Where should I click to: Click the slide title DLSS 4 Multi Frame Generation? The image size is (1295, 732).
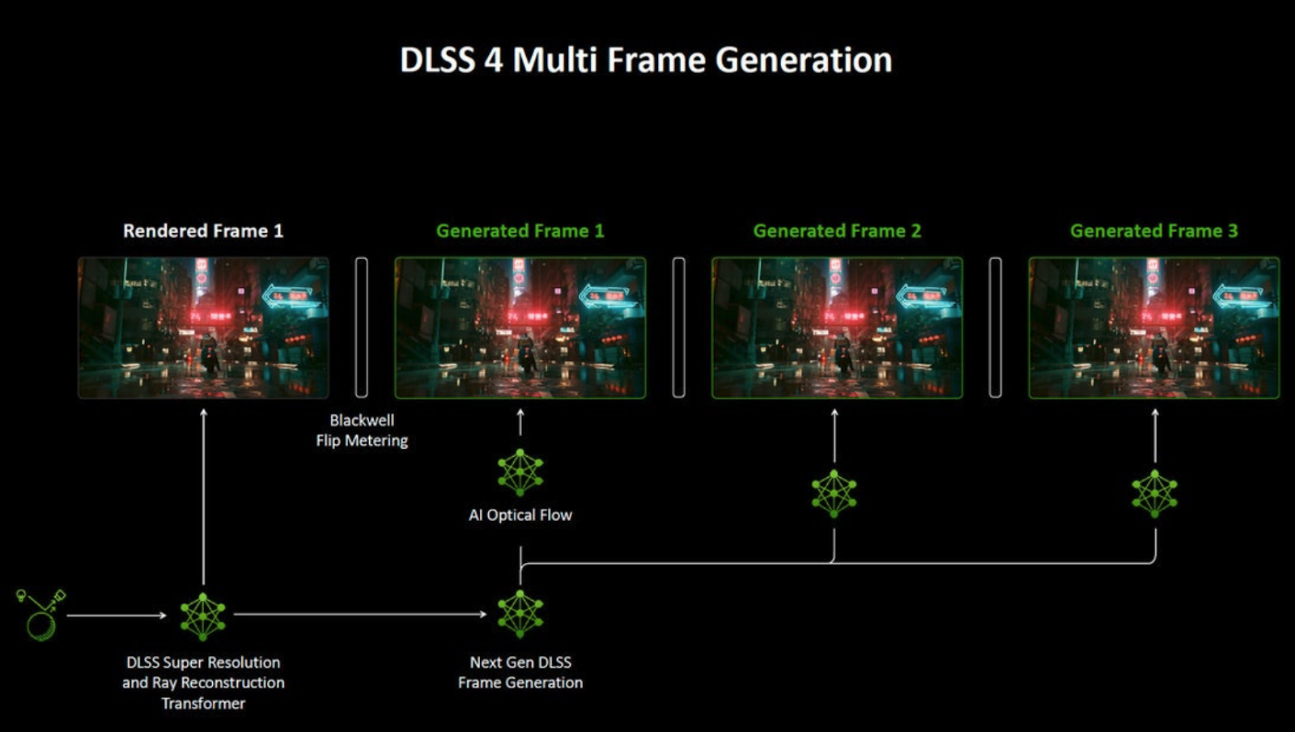click(x=646, y=60)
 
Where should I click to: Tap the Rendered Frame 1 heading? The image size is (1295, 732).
click(x=203, y=231)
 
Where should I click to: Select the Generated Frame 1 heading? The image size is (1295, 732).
click(x=520, y=231)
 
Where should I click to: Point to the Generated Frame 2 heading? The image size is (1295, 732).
click(x=837, y=231)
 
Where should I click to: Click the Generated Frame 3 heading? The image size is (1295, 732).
click(x=1154, y=231)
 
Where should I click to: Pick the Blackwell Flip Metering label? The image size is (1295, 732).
click(x=362, y=430)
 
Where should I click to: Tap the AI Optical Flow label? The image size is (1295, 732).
click(x=520, y=514)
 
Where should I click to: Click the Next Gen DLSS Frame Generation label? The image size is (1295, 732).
click(x=520, y=672)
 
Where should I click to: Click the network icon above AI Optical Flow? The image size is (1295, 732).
click(x=520, y=472)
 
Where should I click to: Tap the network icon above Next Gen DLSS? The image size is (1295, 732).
click(x=520, y=614)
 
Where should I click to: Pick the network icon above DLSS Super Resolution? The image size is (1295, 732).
click(x=203, y=616)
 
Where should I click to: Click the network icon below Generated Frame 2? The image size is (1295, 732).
click(x=834, y=493)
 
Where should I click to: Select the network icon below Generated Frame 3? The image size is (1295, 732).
click(x=1154, y=493)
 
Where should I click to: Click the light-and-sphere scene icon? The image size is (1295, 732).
click(x=41, y=616)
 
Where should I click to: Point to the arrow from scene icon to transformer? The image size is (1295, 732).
click(x=117, y=616)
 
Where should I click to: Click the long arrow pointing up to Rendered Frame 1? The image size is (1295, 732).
click(x=203, y=497)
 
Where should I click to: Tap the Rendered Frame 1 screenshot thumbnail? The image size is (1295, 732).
click(x=203, y=328)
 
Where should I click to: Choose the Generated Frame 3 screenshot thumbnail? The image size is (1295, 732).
click(x=1154, y=328)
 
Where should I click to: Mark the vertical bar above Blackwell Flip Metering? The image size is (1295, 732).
click(x=361, y=328)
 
